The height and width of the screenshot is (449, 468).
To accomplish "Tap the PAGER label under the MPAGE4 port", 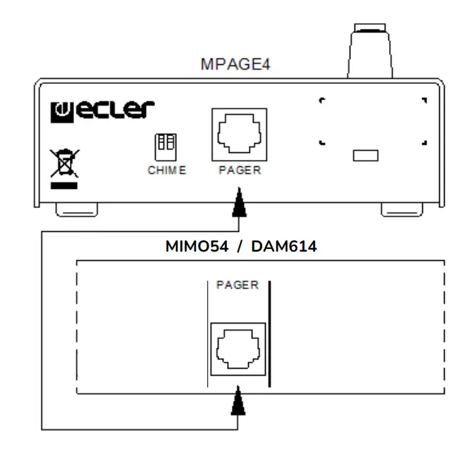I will point(239,173).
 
